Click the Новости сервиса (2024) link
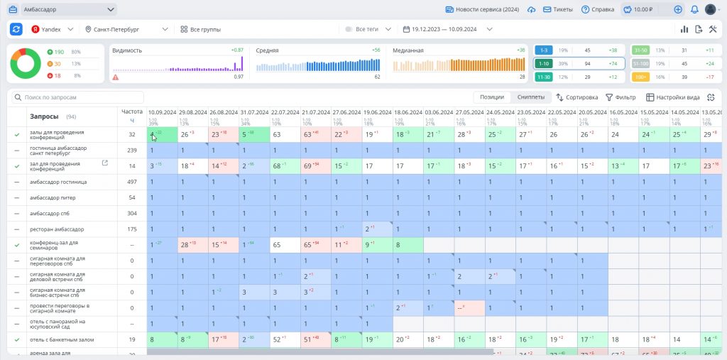point(482,10)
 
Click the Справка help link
point(597,10)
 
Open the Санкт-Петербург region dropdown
point(126,29)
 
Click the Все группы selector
point(201,29)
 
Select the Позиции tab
point(492,97)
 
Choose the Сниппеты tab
point(530,97)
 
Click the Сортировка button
point(577,97)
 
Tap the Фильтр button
point(621,97)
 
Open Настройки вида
point(672,97)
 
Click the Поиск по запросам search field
point(82,97)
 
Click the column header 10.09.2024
point(163,112)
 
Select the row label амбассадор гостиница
point(57,182)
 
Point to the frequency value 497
point(131,182)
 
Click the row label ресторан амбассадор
point(57,229)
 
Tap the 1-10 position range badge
point(543,63)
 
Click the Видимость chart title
point(127,50)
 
